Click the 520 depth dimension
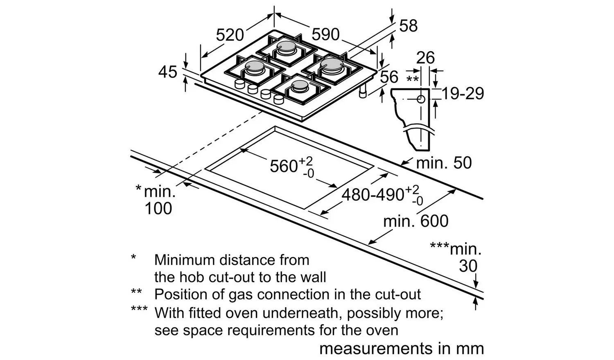pyautogui.click(x=230, y=35)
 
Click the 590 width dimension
pyautogui.click(x=326, y=34)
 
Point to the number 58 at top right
pyautogui.click(x=408, y=26)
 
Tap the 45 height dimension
pyautogui.click(x=167, y=72)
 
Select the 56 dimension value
pyautogui.click(x=388, y=77)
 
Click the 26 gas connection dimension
pyautogui.click(x=425, y=58)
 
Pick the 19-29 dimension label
pyautogui.click(x=463, y=94)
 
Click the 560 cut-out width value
pyautogui.click(x=284, y=166)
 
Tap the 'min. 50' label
pyautogui.click(x=444, y=163)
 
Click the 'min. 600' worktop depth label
pyautogui.click(x=415, y=221)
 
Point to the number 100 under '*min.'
pyautogui.click(x=158, y=209)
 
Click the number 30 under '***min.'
pyautogui.click(x=468, y=266)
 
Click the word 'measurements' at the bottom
pyautogui.click(x=376, y=349)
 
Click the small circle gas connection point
pyautogui.click(x=420, y=99)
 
